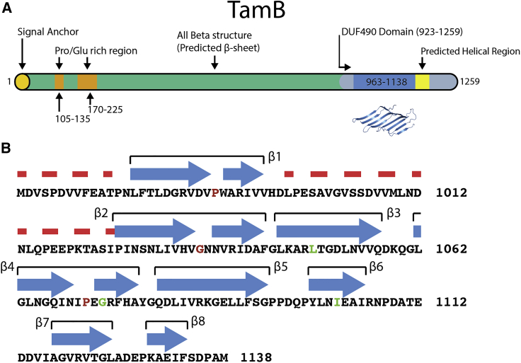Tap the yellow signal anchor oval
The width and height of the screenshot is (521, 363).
(23, 81)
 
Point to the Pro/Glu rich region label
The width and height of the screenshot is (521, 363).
(96, 51)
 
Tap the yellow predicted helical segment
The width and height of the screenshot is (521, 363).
(423, 81)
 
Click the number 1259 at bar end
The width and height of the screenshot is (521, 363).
(469, 82)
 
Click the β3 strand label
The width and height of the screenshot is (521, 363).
(394, 212)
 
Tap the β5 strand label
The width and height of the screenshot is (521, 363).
(280, 266)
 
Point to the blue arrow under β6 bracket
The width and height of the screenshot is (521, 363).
(336, 284)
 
